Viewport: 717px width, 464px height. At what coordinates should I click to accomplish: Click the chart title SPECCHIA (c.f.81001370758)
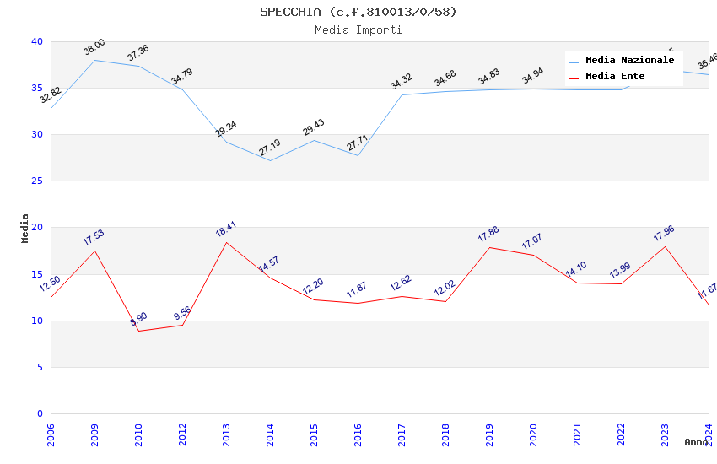click(x=358, y=12)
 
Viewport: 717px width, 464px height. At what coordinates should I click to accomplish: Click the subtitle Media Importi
click(x=358, y=30)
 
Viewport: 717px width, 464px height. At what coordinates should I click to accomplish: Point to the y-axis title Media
click(x=24, y=228)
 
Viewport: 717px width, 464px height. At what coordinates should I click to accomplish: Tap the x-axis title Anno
click(x=696, y=442)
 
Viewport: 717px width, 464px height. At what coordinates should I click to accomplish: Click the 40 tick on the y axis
click(x=36, y=41)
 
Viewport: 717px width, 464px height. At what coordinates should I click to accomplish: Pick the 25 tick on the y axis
click(x=36, y=181)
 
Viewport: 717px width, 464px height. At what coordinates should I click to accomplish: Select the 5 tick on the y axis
click(x=39, y=367)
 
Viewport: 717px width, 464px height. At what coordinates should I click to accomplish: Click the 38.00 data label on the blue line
click(x=94, y=47)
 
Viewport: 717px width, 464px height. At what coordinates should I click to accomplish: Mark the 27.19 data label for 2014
click(x=270, y=148)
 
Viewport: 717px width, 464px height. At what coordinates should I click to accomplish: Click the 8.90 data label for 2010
click(x=138, y=319)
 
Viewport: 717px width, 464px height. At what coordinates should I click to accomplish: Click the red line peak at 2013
click(x=226, y=242)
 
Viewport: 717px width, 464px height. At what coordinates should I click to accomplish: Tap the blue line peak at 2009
click(x=94, y=60)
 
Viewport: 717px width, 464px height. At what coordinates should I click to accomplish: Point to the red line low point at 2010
click(x=138, y=331)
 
